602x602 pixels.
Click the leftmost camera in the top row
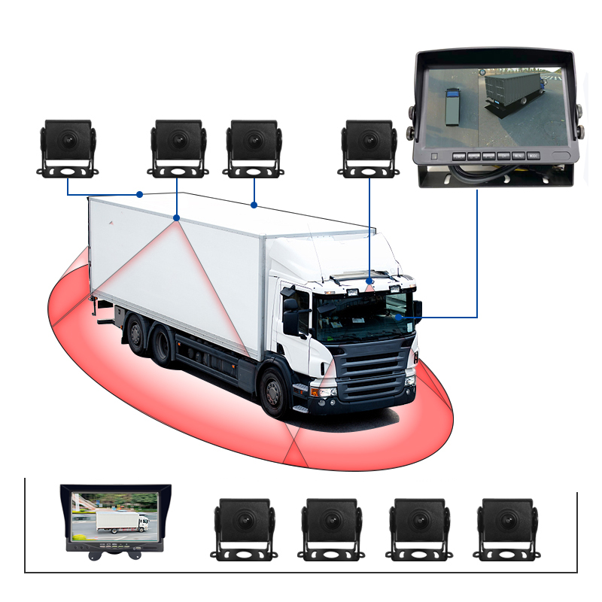point(68,147)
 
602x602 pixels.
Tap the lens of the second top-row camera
point(178,139)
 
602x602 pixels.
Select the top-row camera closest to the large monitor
point(369,147)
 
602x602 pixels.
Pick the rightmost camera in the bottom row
point(506,527)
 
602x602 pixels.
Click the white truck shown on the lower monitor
point(122,521)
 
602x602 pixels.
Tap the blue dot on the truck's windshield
point(397,318)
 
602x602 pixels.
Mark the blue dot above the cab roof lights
point(369,281)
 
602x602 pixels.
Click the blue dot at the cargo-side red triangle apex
point(176,218)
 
